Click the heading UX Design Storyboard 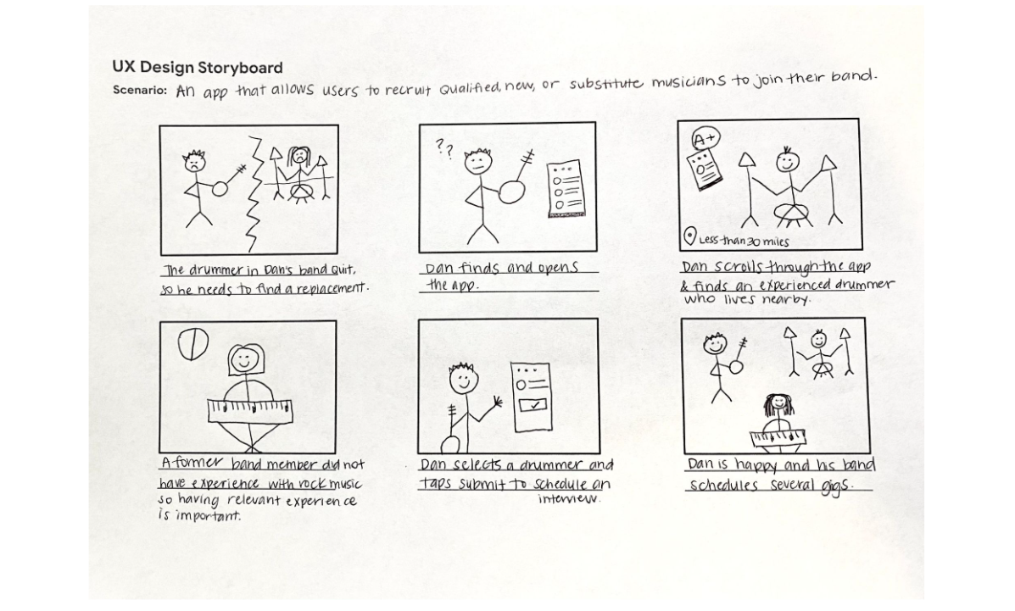198,67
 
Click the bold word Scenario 140,90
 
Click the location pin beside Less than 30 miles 690,238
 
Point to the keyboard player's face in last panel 776,404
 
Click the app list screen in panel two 563,191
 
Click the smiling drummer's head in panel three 788,159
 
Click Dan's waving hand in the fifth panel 496,402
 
